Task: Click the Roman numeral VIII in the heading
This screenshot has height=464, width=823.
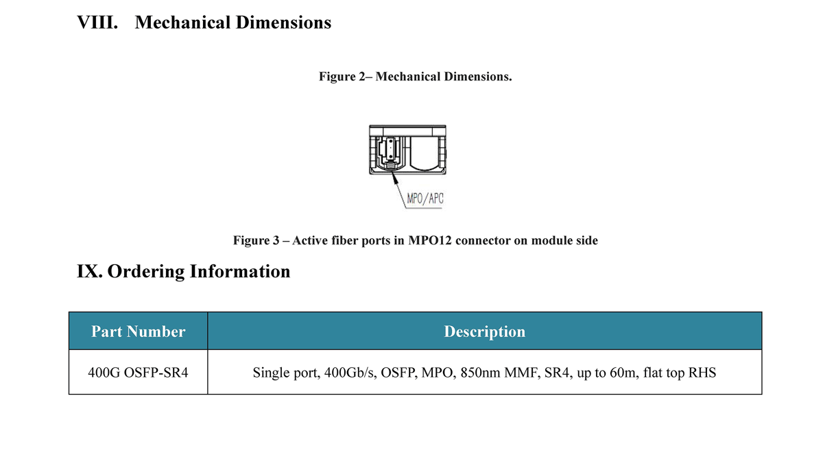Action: click(97, 23)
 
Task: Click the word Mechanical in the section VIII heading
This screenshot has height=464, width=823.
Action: click(182, 23)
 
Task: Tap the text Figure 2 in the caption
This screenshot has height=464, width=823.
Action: click(342, 76)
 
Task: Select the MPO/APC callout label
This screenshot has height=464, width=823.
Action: click(425, 198)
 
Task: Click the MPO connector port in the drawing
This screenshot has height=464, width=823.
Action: click(390, 152)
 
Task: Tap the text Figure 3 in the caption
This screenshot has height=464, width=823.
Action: click(256, 240)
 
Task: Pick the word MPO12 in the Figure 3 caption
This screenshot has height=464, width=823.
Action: click(430, 240)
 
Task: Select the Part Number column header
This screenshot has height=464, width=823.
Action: click(138, 332)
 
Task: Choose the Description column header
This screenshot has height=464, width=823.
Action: click(485, 332)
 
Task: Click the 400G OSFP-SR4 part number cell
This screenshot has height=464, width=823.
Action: click(138, 373)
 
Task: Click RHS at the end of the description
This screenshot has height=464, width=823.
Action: click(702, 373)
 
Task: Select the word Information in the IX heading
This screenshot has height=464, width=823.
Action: click(240, 272)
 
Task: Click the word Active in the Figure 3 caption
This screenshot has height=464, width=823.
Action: click(310, 240)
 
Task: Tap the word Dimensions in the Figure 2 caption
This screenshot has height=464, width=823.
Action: click(478, 76)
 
